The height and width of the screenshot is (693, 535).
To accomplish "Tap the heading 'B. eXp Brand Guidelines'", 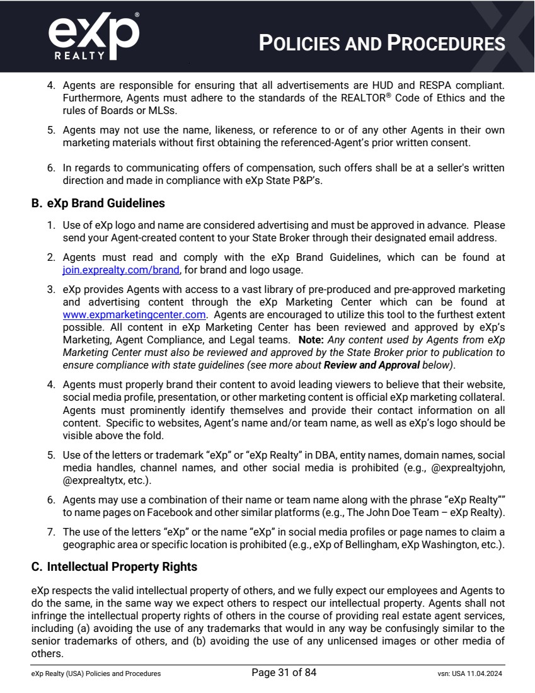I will point(98,203).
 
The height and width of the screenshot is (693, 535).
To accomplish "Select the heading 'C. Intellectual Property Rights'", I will point(114,567).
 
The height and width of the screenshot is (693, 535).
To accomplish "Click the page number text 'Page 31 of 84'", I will point(284,673).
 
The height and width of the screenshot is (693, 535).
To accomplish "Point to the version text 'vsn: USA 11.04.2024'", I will point(469,673).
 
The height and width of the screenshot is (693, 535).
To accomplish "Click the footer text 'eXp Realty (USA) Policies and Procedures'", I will point(96,673).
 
